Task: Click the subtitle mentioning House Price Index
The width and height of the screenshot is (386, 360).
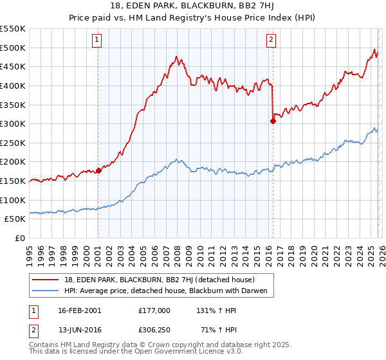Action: pos(192,19)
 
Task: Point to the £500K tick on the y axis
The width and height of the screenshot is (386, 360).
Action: pos(13,48)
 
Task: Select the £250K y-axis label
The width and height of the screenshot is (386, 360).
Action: pos(13,143)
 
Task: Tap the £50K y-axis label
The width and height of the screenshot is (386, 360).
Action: pos(15,219)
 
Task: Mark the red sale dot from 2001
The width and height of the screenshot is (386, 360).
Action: pos(98,170)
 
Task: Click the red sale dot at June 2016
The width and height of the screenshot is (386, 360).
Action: pos(273,121)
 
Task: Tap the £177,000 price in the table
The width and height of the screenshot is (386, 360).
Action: pos(154,310)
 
